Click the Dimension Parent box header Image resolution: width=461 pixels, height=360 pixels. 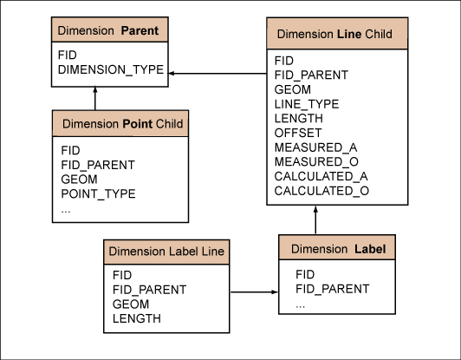pyautogui.click(x=110, y=29)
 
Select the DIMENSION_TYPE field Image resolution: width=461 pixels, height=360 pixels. pyautogui.click(x=111, y=69)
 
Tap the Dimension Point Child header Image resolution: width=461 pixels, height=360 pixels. pyautogui.click(x=120, y=124)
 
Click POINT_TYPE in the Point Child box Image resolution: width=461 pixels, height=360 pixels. pyautogui.click(x=98, y=193)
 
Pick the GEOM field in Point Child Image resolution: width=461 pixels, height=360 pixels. pyautogui.click(x=79, y=180)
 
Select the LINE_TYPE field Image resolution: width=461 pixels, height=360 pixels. pyautogui.click(x=307, y=104)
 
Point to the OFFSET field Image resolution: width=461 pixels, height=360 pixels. pyautogui.click(x=298, y=133)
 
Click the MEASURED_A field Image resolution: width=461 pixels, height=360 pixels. pyautogui.click(x=315, y=147)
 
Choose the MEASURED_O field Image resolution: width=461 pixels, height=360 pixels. pyautogui.click(x=316, y=161)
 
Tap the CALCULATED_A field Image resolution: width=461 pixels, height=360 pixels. pyautogui.click(x=321, y=176)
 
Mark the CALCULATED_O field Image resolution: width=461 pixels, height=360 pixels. pyautogui.click(x=321, y=191)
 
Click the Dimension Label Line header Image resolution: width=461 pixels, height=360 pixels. pyautogui.click(x=166, y=252)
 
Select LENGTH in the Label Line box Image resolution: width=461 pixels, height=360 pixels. pyautogui.click(x=137, y=318)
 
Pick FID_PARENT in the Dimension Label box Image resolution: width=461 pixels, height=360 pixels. pyautogui.click(x=333, y=289)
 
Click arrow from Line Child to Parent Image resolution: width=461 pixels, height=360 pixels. pyautogui.click(x=218, y=73)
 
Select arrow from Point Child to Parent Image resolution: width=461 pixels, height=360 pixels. pyautogui.click(x=95, y=98)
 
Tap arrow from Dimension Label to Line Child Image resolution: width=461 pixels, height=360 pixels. pyautogui.click(x=315, y=219)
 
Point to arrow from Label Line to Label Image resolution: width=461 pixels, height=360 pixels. pyautogui.click(x=254, y=292)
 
